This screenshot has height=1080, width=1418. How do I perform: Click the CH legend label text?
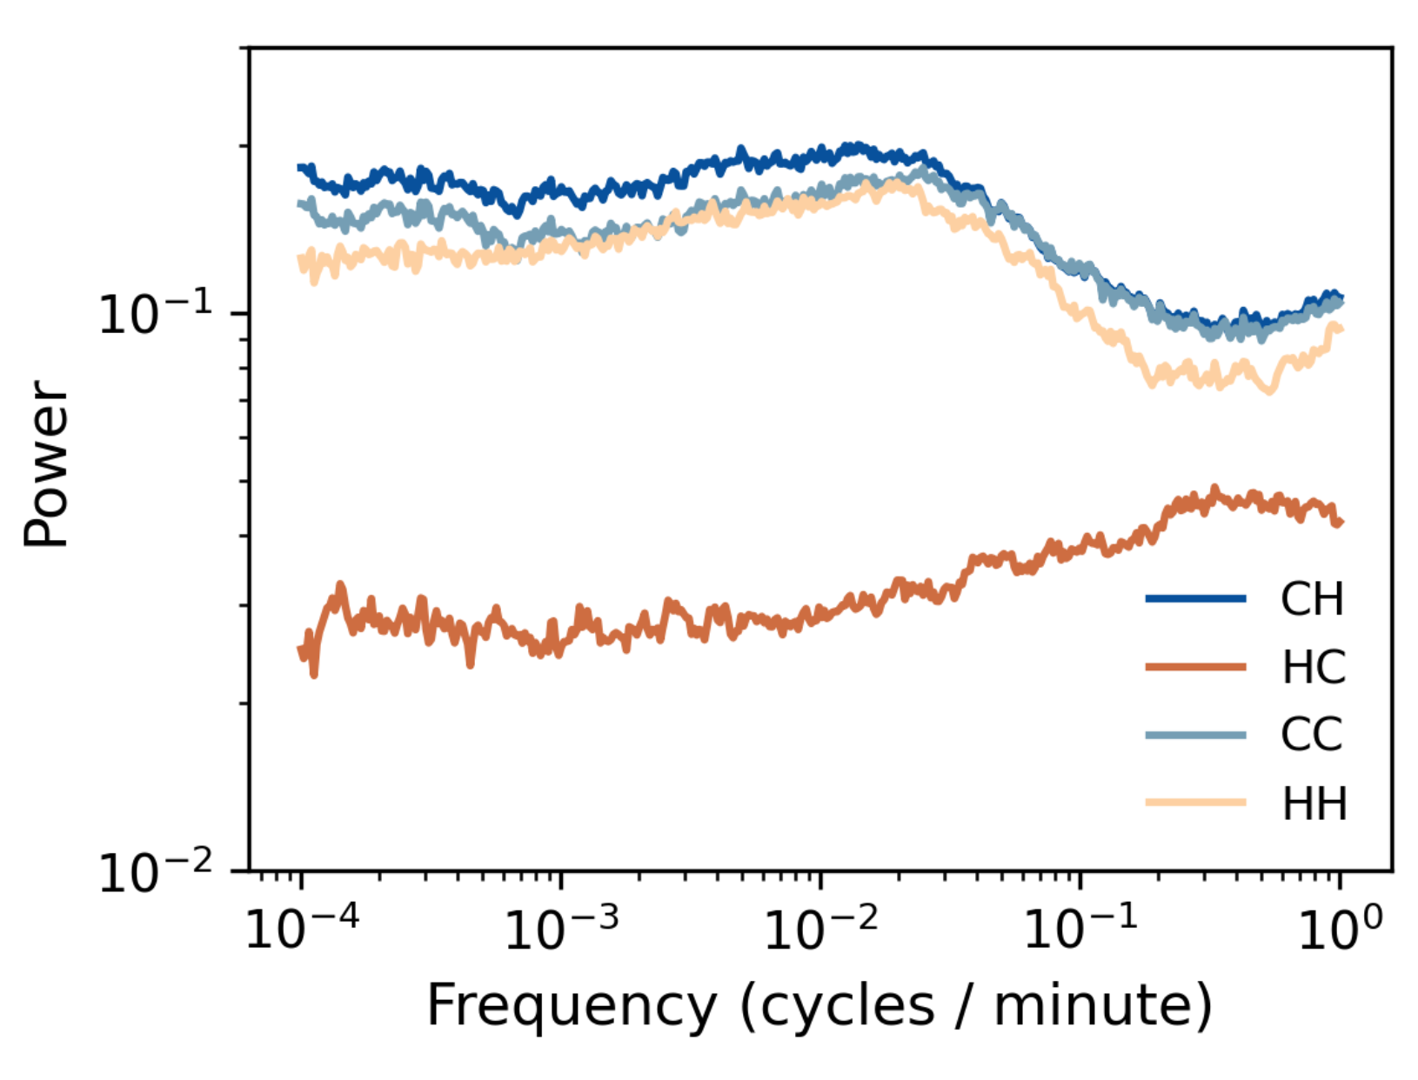pyautogui.click(x=1312, y=599)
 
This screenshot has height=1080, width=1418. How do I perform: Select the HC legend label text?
pyautogui.click(x=1314, y=668)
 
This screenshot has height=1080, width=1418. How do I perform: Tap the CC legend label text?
pyautogui.click(x=1312, y=735)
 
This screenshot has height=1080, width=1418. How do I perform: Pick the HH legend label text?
pyautogui.click(x=1314, y=803)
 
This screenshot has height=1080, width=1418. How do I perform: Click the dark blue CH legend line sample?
pyautogui.click(x=1195, y=598)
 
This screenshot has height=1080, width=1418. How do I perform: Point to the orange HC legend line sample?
pyautogui.click(x=1195, y=667)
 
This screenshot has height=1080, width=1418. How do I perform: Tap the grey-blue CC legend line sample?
pyautogui.click(x=1195, y=735)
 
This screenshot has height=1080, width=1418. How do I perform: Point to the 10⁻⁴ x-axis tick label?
pyautogui.click(x=301, y=929)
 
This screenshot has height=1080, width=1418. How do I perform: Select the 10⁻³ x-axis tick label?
pyautogui.click(x=561, y=929)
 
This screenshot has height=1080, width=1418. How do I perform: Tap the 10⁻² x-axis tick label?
pyautogui.click(x=820, y=929)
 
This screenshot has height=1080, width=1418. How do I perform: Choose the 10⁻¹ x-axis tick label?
pyautogui.click(x=1080, y=929)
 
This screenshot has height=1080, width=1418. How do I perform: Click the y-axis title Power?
pyautogui.click(x=45, y=463)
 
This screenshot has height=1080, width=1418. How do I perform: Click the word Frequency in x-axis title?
pyautogui.click(x=572, y=1006)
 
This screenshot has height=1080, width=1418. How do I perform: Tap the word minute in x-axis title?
pyautogui.click(x=1094, y=1006)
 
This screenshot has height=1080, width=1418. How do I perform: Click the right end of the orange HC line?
pyautogui.click(x=1341, y=522)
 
